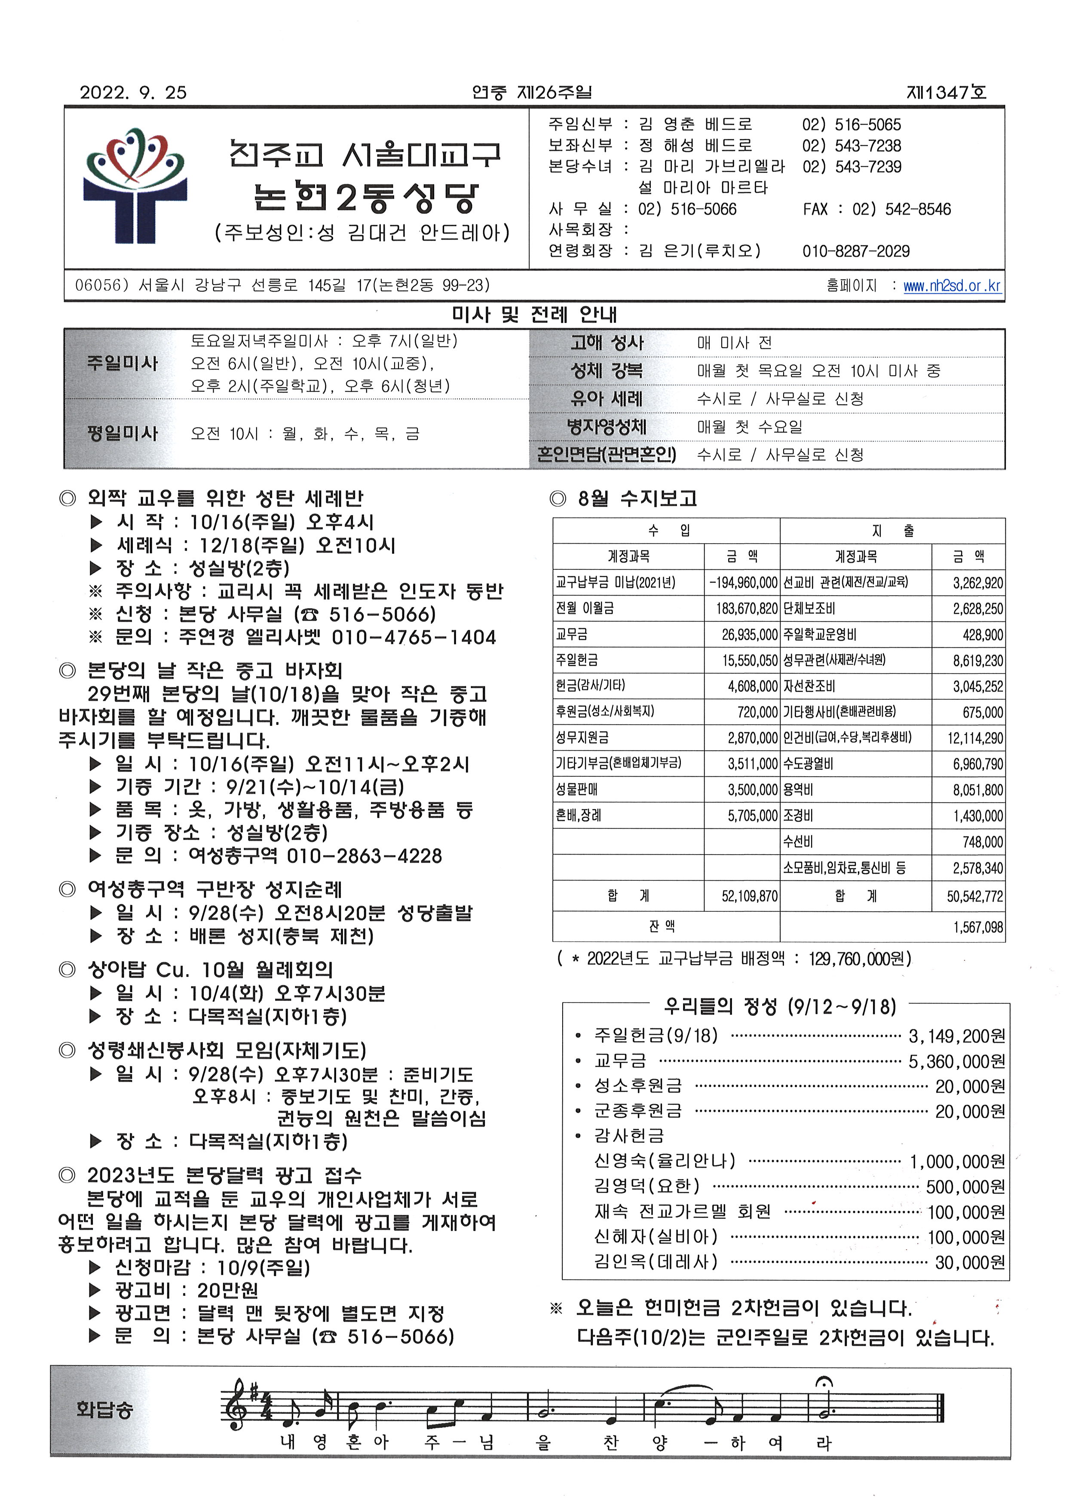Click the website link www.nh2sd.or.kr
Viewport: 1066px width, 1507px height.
coord(952,286)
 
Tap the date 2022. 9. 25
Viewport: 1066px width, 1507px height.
coord(133,92)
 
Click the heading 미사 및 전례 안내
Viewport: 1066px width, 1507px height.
coord(534,315)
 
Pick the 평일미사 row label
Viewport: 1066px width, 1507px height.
coord(123,434)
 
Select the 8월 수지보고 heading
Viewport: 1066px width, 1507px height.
coord(637,499)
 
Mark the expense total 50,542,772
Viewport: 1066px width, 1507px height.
coord(974,896)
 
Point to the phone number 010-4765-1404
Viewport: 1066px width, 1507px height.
coord(414,638)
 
